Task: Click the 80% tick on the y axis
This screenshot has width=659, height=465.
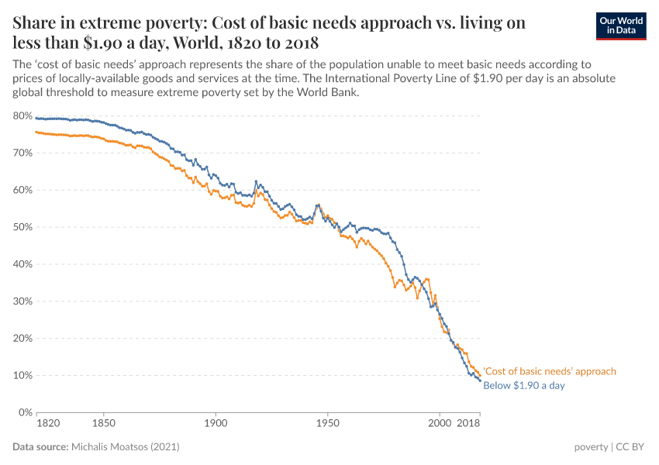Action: [22, 116]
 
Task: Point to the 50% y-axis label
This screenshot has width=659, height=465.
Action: [22, 227]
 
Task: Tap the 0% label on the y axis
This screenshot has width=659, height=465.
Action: [25, 412]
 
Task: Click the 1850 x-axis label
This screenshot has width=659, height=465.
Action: [103, 424]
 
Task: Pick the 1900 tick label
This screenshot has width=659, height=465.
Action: [216, 424]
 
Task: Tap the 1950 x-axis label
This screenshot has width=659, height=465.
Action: [328, 424]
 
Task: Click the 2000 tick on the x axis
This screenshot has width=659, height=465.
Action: [440, 424]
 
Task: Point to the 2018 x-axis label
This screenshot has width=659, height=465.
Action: [468, 424]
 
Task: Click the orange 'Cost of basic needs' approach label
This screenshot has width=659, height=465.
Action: [549, 371]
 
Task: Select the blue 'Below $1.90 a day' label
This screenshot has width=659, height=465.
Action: [523, 385]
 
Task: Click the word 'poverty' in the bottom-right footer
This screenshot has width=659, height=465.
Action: [591, 447]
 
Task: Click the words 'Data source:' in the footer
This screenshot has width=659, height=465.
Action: [40, 447]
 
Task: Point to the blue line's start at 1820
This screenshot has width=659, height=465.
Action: [36, 118]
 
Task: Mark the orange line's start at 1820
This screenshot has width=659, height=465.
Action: [36, 132]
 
